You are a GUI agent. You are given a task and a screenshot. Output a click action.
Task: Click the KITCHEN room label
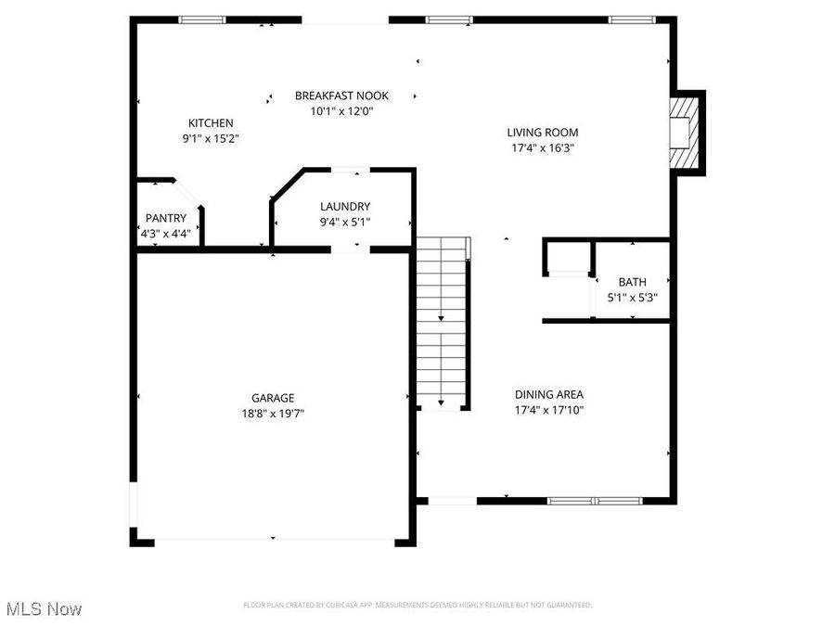[x=211, y=122]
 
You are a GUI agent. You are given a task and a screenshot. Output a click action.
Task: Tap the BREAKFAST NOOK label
[x=341, y=96]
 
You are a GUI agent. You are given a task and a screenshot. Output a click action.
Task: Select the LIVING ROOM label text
[x=542, y=132]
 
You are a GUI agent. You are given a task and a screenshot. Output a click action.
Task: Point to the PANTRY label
[x=165, y=218]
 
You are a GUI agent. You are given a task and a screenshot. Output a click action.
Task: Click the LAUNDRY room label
[x=345, y=206]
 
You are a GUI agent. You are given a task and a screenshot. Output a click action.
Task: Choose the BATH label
[x=633, y=282]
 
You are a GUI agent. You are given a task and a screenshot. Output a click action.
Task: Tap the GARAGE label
[x=273, y=398]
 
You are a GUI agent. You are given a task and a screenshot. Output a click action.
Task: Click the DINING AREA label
[x=549, y=394]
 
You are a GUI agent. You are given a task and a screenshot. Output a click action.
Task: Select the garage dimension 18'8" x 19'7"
[x=273, y=414]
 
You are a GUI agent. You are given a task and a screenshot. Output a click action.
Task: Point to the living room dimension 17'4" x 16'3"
[x=542, y=147]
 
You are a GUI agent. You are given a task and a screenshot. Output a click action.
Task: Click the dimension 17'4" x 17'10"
[x=549, y=410]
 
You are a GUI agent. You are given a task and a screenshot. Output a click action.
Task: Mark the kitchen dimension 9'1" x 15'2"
[x=211, y=138]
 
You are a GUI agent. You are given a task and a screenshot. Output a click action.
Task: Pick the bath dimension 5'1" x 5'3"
[x=633, y=298]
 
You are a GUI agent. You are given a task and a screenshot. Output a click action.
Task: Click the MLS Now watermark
[x=44, y=609]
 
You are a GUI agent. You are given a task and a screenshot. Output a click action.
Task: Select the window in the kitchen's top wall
[x=202, y=19]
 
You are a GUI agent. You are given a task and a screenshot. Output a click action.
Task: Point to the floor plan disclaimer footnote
[x=417, y=605]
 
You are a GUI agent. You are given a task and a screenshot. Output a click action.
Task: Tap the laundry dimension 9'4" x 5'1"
[x=345, y=222]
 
